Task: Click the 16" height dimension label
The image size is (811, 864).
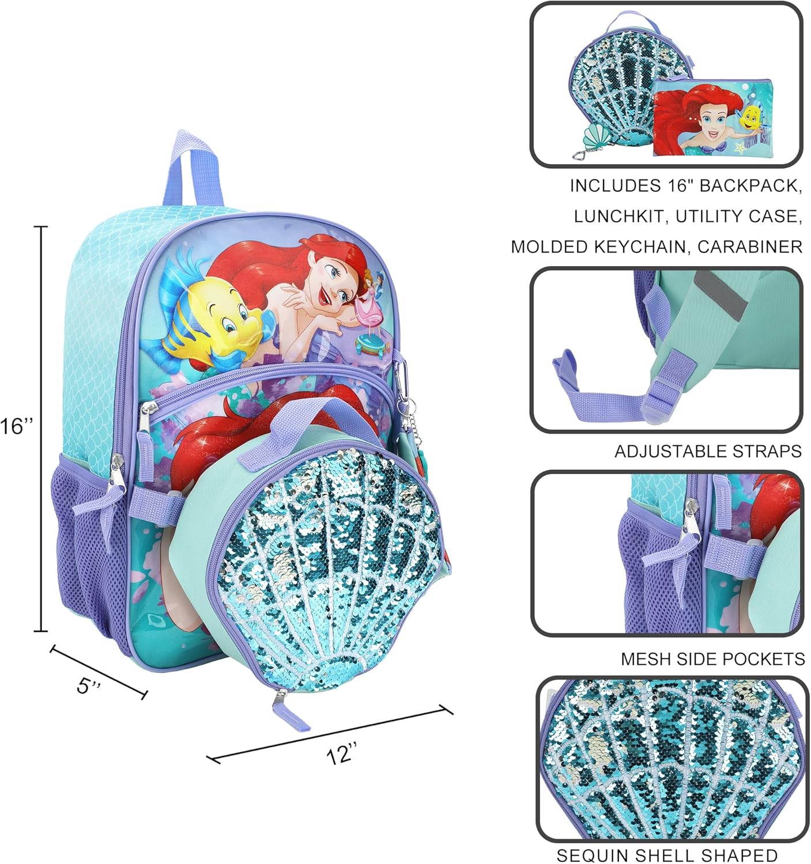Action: [17, 427]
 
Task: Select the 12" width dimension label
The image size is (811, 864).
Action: [342, 753]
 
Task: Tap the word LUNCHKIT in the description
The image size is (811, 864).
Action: [618, 217]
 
